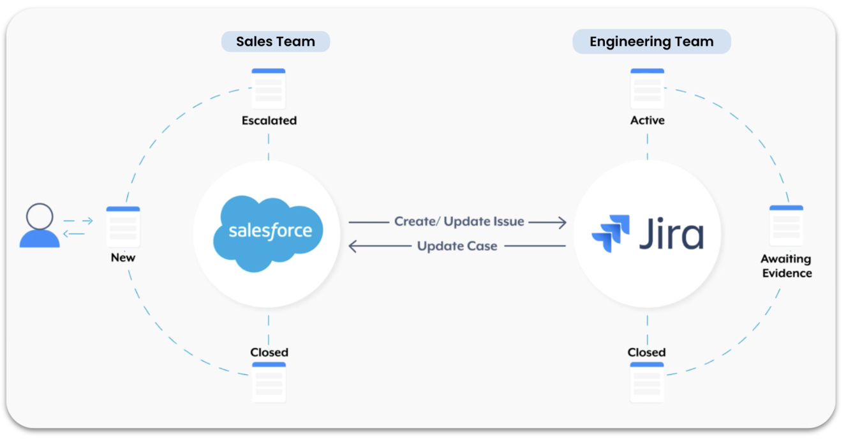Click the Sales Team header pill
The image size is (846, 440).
(x=276, y=42)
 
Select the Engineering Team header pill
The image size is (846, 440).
(x=651, y=42)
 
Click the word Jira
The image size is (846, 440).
(x=671, y=234)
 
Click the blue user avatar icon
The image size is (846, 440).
(x=40, y=225)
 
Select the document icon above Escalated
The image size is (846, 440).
(x=269, y=89)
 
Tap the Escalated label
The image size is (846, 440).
(x=269, y=121)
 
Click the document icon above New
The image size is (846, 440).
(x=123, y=226)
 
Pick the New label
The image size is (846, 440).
(x=123, y=258)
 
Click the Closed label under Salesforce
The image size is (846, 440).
(x=269, y=352)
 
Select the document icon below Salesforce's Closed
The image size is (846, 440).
(x=269, y=382)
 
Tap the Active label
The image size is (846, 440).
(x=648, y=121)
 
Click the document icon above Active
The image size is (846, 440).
(x=648, y=89)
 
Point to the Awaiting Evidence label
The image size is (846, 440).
(x=786, y=266)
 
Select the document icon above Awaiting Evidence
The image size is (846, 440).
(x=786, y=226)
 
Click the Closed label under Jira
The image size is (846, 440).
(x=647, y=352)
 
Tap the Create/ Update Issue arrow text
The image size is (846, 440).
(x=459, y=222)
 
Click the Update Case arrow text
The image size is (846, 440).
(x=457, y=246)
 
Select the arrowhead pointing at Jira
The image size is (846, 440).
(x=561, y=222)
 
